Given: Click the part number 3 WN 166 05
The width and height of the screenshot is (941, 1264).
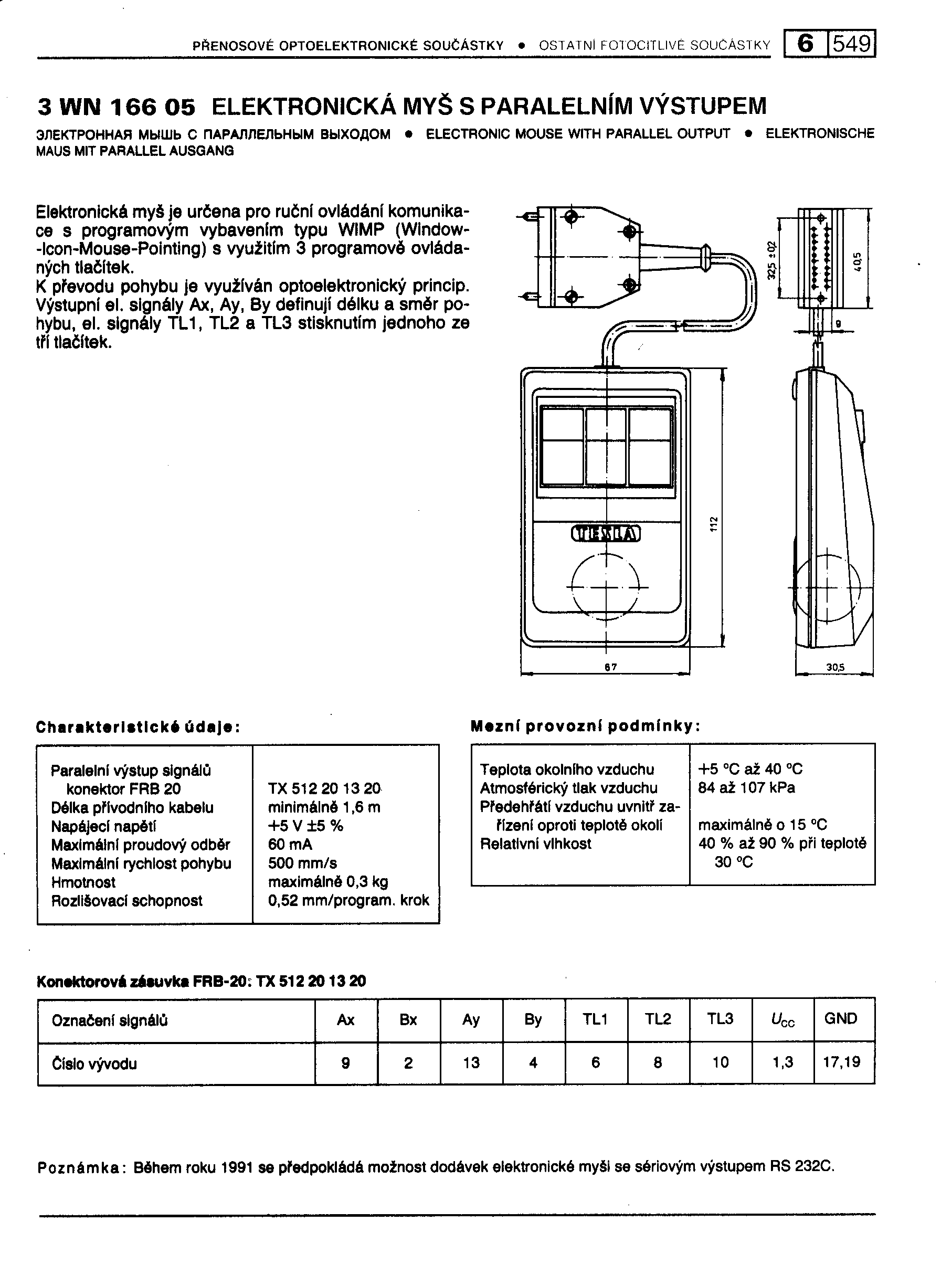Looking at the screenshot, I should point(116,107).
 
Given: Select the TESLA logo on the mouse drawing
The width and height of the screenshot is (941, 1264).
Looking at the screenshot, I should point(606,534).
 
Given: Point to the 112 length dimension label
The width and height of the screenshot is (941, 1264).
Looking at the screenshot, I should point(713,524).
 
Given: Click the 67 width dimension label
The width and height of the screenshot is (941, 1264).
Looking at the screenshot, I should point(610,667).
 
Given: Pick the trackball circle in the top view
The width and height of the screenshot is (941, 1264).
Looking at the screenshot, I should point(606,586).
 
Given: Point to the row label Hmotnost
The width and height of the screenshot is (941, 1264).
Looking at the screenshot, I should point(83,882).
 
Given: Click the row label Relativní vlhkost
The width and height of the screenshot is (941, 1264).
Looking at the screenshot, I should point(535,844).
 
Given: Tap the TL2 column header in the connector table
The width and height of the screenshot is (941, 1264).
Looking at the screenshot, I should point(658,1019).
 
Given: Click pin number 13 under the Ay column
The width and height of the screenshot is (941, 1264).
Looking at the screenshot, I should point(471,1063).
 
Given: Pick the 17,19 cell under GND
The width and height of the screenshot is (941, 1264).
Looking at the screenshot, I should point(841,1062).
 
